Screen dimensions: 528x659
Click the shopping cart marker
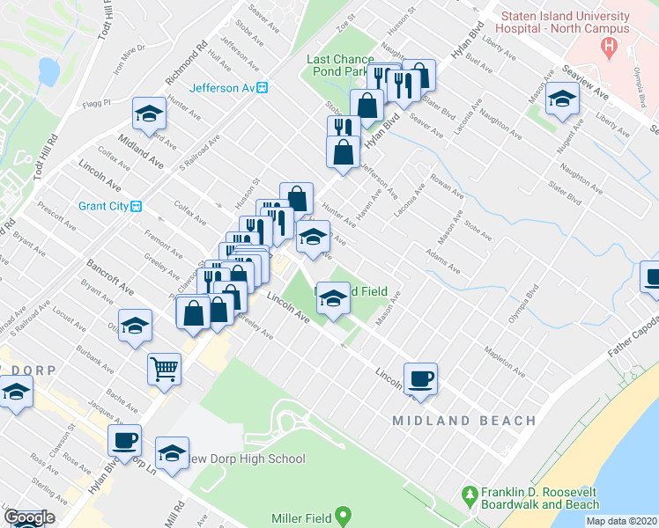point(164,369)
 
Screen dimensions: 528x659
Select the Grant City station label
point(104,206)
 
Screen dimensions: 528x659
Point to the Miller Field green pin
point(344,513)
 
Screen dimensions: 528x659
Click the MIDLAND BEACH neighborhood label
point(463,421)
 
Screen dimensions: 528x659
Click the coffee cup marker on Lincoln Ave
point(421,378)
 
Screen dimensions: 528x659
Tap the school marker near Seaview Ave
point(561,99)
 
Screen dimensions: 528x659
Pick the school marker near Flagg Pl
point(150,113)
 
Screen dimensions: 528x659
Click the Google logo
point(28,518)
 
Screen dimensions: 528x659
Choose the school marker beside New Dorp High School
point(172,452)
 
